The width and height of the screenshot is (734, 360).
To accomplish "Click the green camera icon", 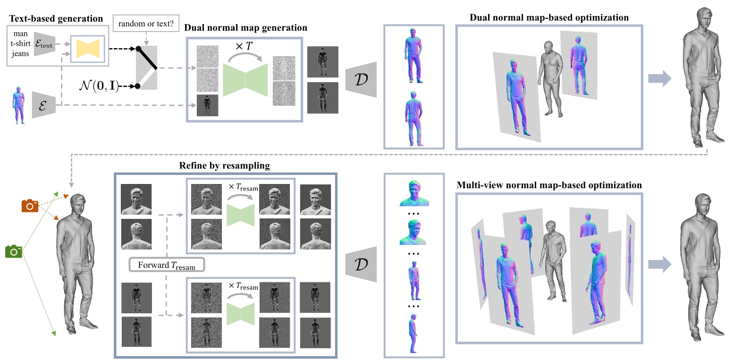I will pyautogui.click(x=14, y=251).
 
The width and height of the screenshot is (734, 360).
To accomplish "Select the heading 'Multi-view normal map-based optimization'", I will pyautogui.click(x=549, y=185).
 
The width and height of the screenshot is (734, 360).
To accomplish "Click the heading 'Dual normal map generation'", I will pyautogui.click(x=245, y=28).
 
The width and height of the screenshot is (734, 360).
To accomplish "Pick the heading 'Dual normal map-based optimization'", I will pyautogui.click(x=549, y=17).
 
